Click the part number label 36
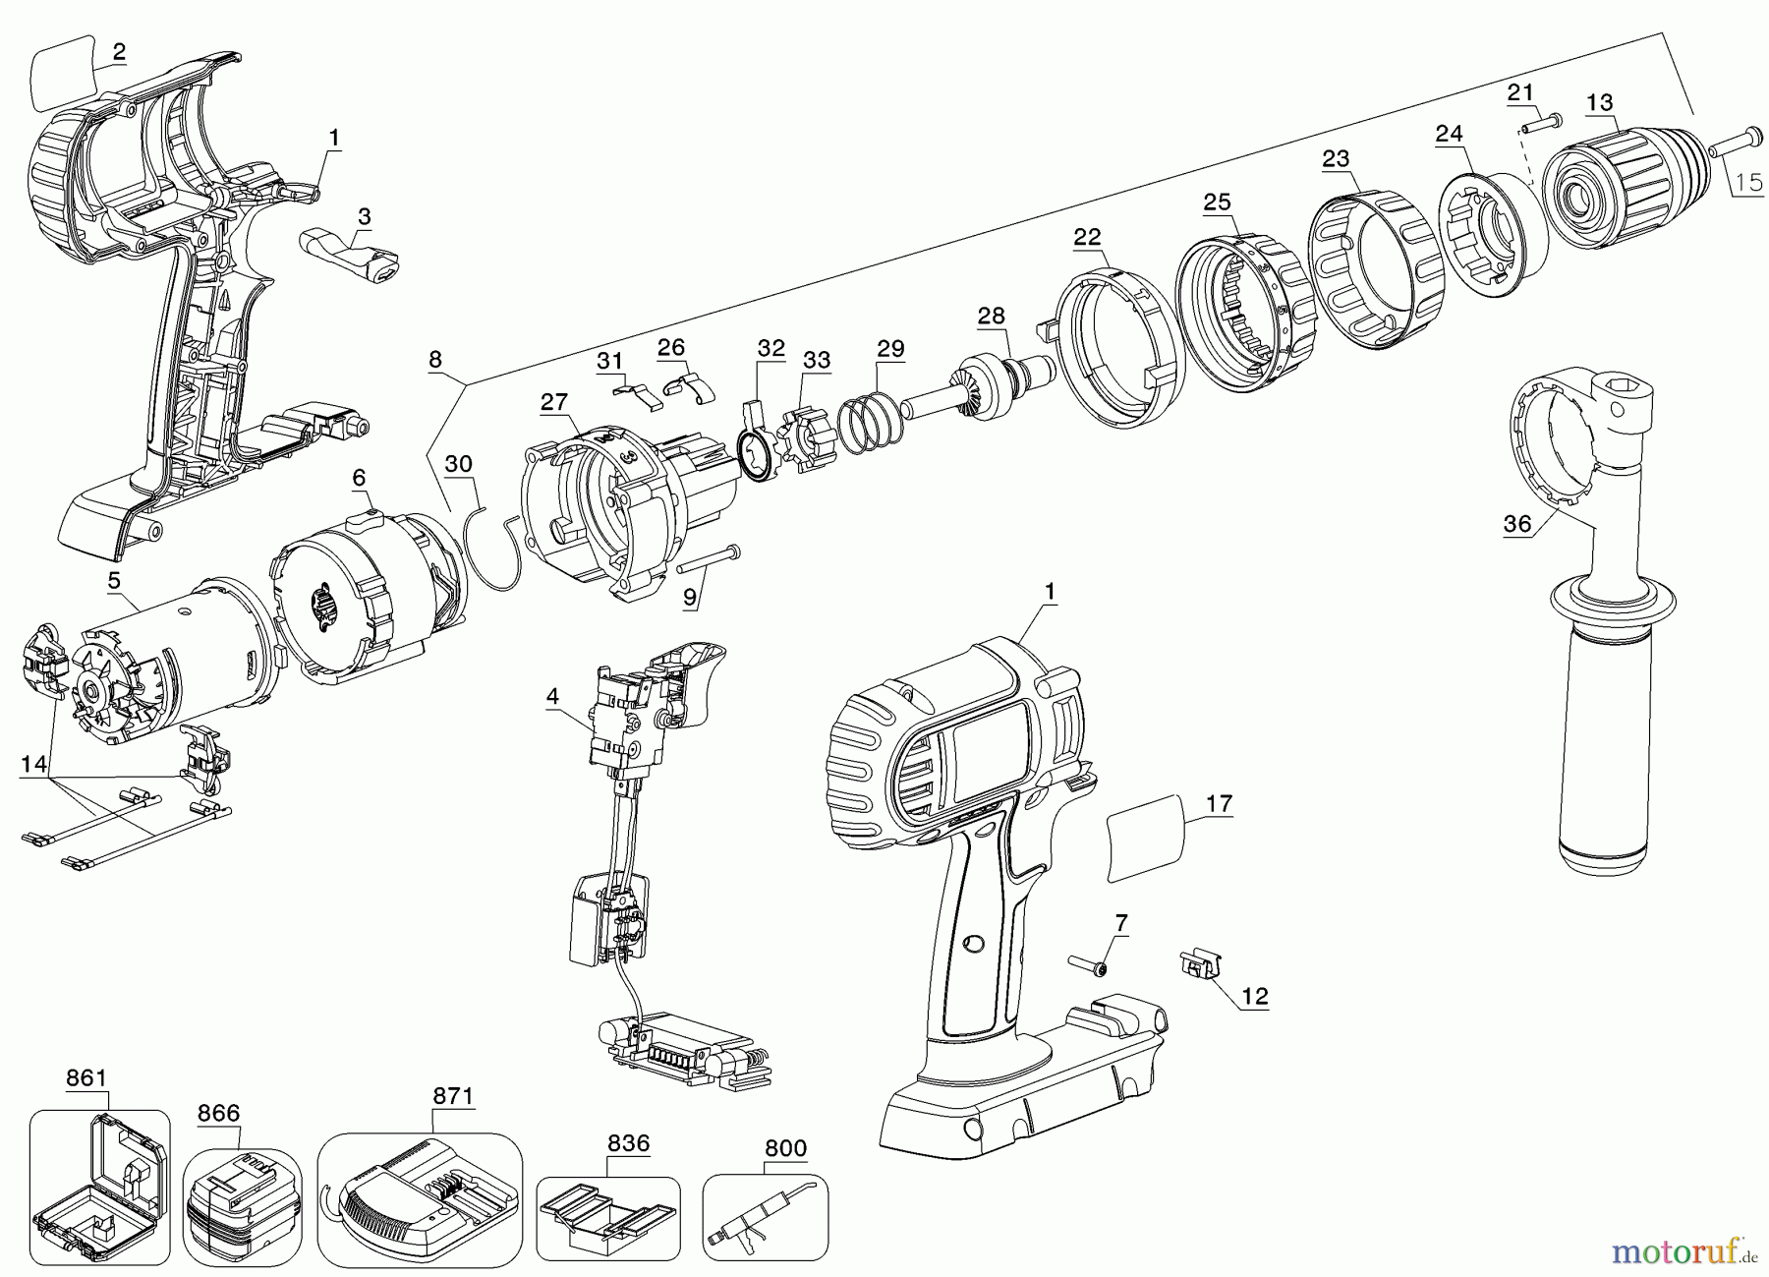point(1517,524)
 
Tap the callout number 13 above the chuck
point(1599,102)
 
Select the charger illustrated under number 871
point(423,1199)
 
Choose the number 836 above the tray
point(628,1143)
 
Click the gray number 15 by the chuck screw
point(1747,182)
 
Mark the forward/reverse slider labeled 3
point(349,255)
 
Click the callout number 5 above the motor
point(115,582)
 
